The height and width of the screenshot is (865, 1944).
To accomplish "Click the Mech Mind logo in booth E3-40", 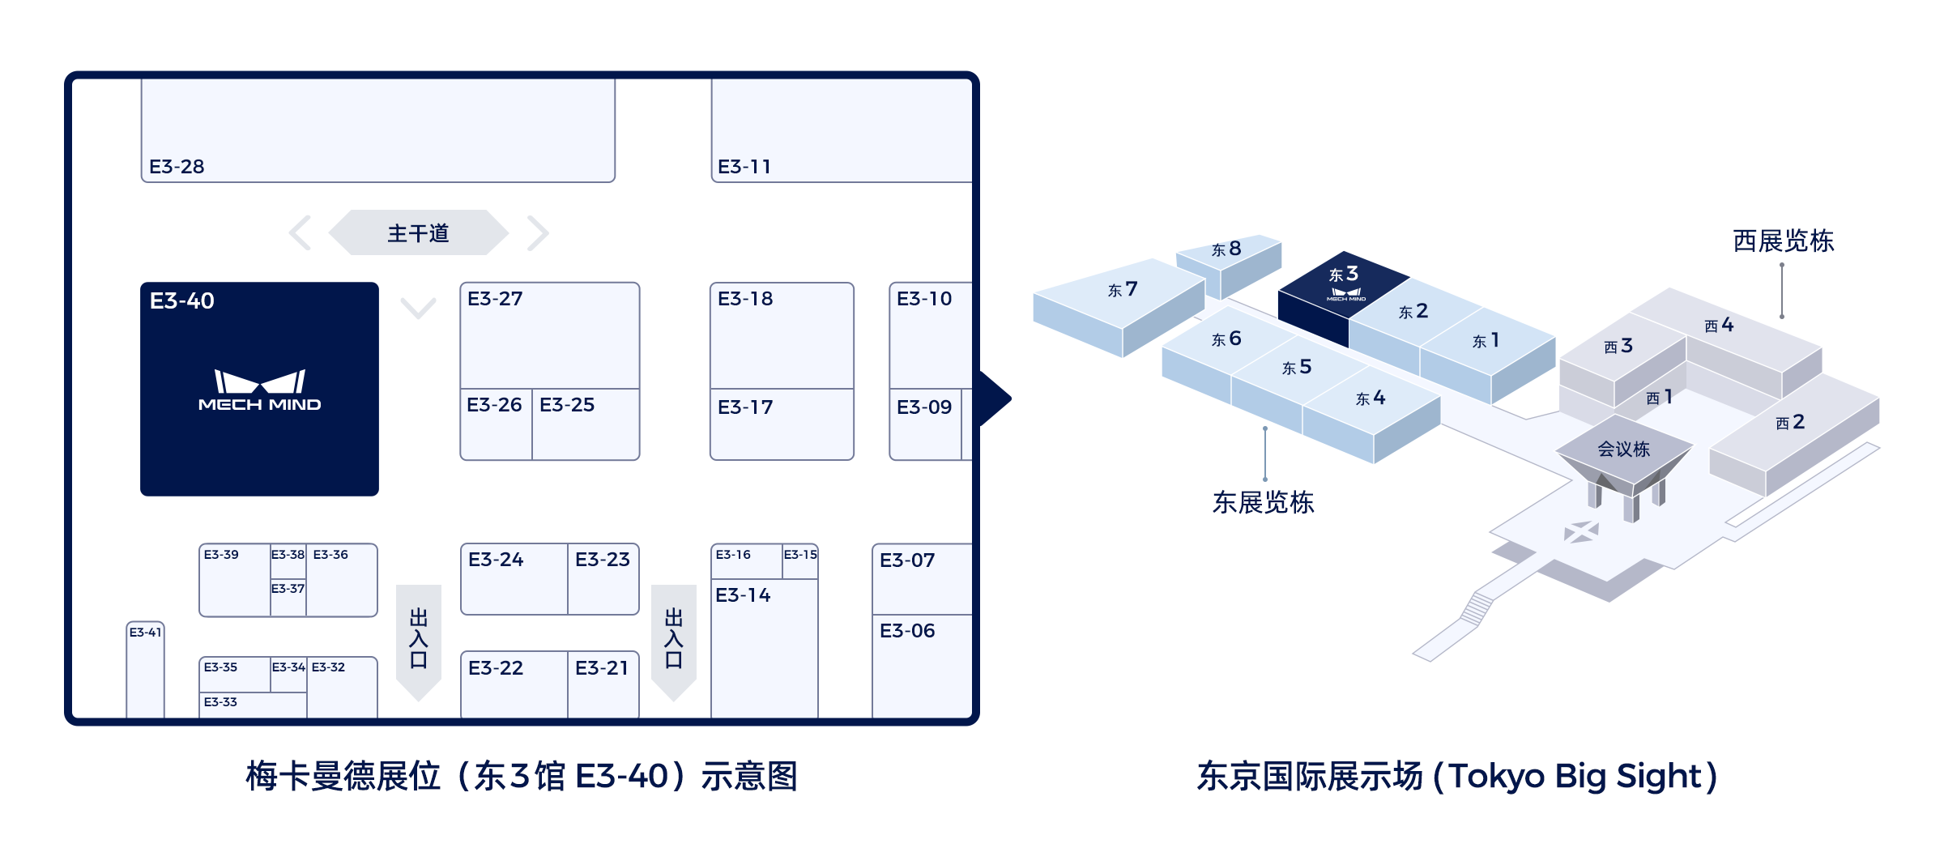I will pyautogui.click(x=259, y=391).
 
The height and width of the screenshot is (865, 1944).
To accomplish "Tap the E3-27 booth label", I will pyautogui.click(x=495, y=299).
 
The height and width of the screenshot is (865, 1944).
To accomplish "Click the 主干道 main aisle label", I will pyautogui.click(x=418, y=233).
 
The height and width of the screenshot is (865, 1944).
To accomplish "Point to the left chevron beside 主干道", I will pyautogui.click(x=301, y=233).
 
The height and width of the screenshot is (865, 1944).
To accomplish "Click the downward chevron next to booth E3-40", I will pyautogui.click(x=418, y=308).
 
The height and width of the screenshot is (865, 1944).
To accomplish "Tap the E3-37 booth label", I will pyautogui.click(x=288, y=589).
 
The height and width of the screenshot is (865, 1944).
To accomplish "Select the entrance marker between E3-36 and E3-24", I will pyautogui.click(x=419, y=640).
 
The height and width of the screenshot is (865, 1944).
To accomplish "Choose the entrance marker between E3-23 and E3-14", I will pyautogui.click(x=674, y=640).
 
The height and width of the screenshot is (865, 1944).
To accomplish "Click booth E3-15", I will pyautogui.click(x=800, y=560).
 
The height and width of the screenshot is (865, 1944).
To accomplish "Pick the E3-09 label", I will pyautogui.click(x=924, y=407).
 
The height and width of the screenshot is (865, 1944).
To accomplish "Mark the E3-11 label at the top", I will pyautogui.click(x=744, y=167).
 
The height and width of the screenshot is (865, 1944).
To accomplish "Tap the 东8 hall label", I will pyautogui.click(x=1226, y=249).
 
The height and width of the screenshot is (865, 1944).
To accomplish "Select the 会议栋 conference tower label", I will pyautogui.click(x=1623, y=450).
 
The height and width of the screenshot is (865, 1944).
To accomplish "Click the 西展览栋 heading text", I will pyautogui.click(x=1783, y=241).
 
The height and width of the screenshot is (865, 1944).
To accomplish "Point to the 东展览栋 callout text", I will pyautogui.click(x=1263, y=503).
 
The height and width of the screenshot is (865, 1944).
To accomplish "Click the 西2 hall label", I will pyautogui.click(x=1790, y=422).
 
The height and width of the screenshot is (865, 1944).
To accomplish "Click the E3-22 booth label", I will pyautogui.click(x=496, y=668).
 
